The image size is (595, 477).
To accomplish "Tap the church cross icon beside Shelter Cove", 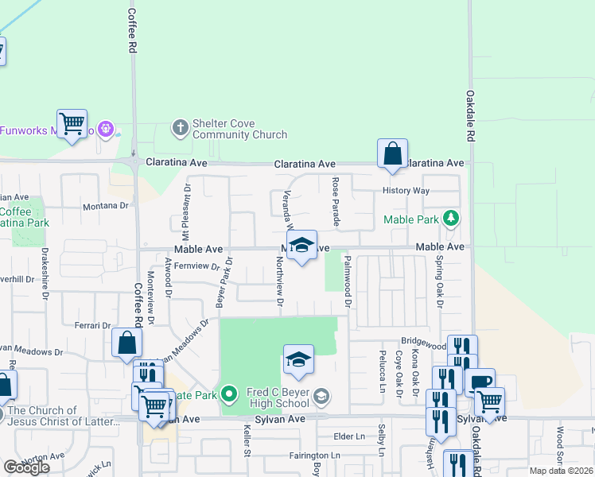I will click(180, 126).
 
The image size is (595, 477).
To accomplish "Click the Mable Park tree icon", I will click(451, 218).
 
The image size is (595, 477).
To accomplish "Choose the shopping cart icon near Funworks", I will click(72, 124).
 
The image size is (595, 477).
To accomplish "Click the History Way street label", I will click(406, 192).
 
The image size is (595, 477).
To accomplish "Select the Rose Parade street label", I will click(335, 201).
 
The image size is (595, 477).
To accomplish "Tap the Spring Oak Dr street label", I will click(437, 281).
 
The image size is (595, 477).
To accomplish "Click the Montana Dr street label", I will click(105, 205).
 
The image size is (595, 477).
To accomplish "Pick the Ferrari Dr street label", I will click(94, 325).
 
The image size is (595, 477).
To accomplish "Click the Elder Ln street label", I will click(348, 436).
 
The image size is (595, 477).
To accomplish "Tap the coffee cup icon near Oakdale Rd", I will click(480, 382).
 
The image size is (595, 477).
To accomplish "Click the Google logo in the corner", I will click(26, 467).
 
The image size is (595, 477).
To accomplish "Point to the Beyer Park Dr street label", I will click(222, 281).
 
